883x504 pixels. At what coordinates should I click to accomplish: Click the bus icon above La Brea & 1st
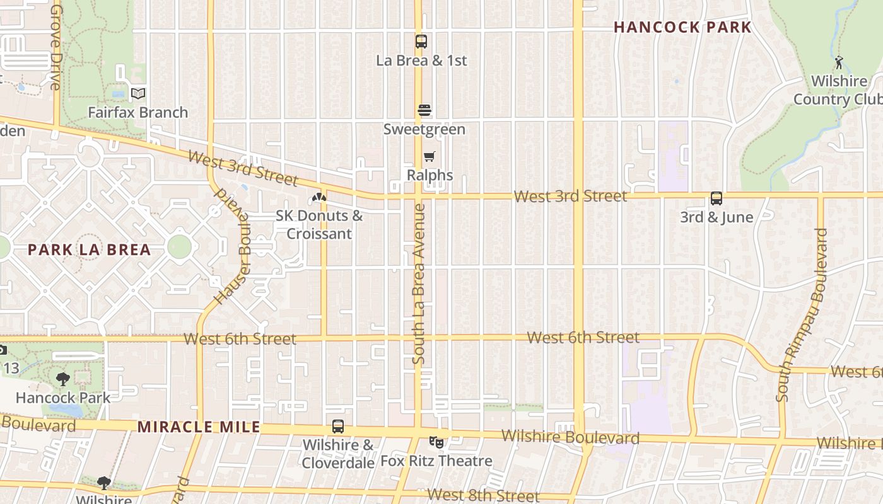pos(421,42)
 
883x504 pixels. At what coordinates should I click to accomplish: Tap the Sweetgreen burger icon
pos(424,111)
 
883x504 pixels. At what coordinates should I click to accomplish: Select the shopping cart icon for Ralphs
pos(430,157)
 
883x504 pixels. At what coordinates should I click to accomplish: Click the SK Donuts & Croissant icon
pos(319,198)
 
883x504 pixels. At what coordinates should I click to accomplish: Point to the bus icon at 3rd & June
pos(716,198)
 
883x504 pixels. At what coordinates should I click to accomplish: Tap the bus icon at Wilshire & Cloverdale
pos(338,427)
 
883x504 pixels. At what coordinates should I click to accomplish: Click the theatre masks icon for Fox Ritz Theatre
pos(436,442)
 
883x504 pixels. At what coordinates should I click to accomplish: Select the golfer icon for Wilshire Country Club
pos(839,62)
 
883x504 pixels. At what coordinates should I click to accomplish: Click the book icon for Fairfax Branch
pos(137,94)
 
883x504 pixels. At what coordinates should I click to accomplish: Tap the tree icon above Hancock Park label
pos(63,379)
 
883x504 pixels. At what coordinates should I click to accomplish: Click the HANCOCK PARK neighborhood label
pos(682,28)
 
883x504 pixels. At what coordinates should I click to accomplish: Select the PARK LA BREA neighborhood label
pos(89,249)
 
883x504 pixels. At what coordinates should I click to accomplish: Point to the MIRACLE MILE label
pos(199,427)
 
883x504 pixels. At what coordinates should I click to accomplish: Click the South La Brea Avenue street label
pos(419,283)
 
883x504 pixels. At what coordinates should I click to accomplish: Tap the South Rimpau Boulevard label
pos(801,315)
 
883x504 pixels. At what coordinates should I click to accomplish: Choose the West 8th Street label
pos(483,495)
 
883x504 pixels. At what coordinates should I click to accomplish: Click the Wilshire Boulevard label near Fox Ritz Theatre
pos(570,437)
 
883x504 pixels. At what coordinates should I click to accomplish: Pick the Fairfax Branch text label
pos(137,113)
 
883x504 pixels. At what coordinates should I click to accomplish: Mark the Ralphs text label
pos(430,175)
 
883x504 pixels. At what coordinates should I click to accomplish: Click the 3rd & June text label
pos(716,217)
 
